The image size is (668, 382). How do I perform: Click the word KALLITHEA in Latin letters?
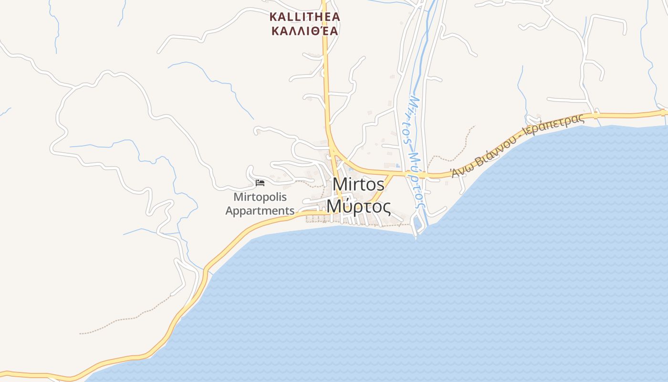click(304, 17)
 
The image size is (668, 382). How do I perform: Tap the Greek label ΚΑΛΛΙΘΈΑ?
click(304, 32)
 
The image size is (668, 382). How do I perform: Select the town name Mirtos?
click(358, 184)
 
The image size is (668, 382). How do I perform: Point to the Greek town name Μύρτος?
click(358, 207)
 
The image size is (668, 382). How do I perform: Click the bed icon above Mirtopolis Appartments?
click(260, 182)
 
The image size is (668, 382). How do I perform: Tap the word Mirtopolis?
click(260, 197)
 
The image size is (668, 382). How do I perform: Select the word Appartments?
click(260, 211)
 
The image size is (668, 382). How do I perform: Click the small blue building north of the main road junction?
click(398, 166)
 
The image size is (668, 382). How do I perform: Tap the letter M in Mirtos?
click(338, 184)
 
